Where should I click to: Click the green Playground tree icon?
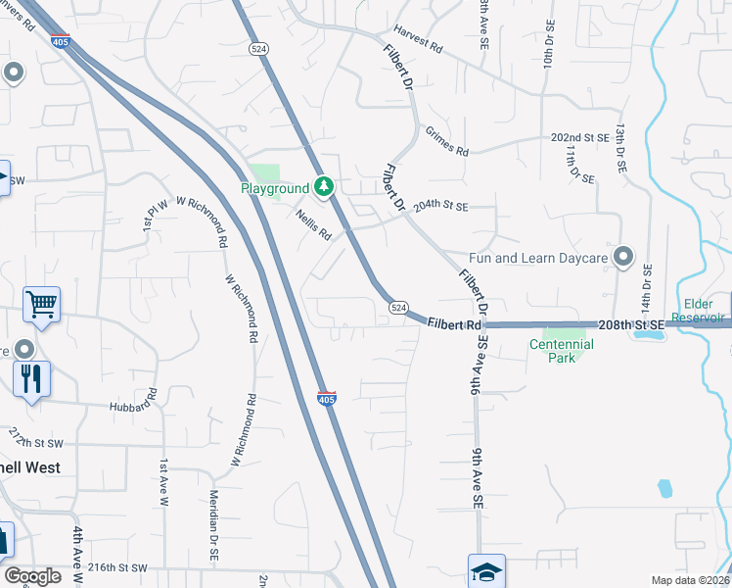click(x=324, y=186)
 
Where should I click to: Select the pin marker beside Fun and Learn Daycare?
click(x=622, y=257)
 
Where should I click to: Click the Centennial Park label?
click(x=562, y=352)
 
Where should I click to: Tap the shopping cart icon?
click(x=41, y=305)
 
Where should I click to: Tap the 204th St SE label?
click(x=441, y=207)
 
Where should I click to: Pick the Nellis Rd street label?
click(x=314, y=228)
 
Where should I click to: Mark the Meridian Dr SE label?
click(x=213, y=525)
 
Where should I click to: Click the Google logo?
click(x=32, y=576)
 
